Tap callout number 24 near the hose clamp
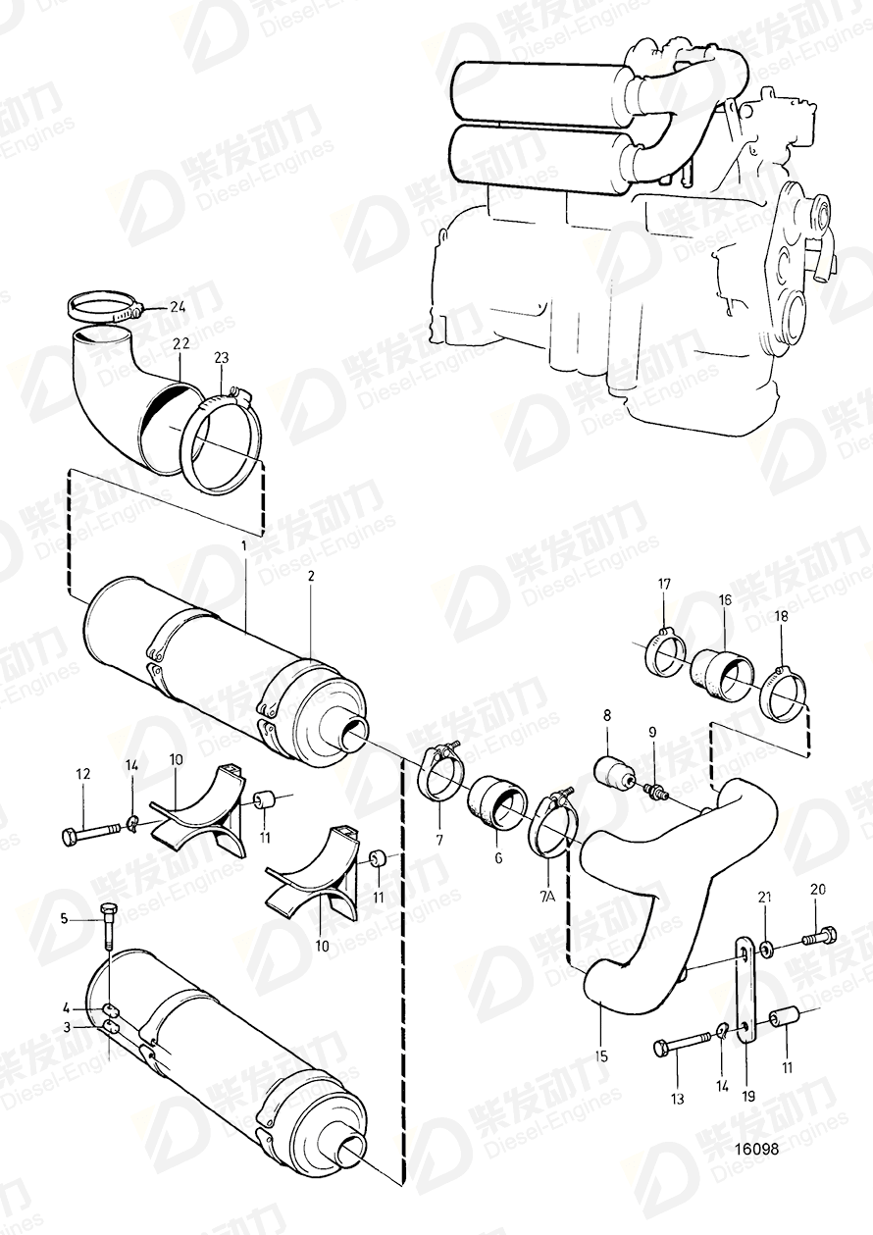pyautogui.click(x=176, y=307)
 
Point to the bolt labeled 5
pyautogui.click(x=107, y=922)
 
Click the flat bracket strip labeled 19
pyautogui.click(x=745, y=991)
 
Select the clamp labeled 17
pyautogui.click(x=666, y=654)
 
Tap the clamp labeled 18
pyautogui.click(x=782, y=692)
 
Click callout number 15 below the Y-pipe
pyautogui.click(x=601, y=1056)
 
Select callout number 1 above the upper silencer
pyautogui.click(x=244, y=543)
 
